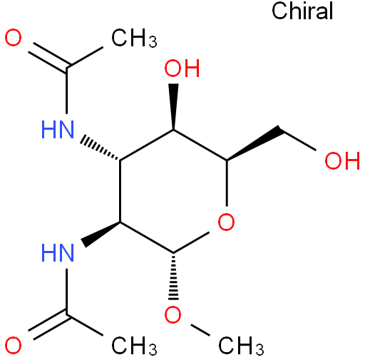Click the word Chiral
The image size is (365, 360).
[x=302, y=11]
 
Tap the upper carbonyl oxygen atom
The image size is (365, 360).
[x=14, y=38]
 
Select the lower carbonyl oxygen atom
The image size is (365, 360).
[x=14, y=345]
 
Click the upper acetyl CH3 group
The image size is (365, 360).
[x=134, y=38]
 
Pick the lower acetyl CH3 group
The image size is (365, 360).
[x=134, y=346]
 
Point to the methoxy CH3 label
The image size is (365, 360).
[x=241, y=346]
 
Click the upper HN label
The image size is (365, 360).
[x=58, y=130]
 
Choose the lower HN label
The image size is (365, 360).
[x=58, y=253]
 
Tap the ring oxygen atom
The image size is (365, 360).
[x=226, y=222]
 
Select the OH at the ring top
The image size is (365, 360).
[x=182, y=68]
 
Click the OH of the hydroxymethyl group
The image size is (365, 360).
[x=342, y=161]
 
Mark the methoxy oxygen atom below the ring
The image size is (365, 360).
[x=173, y=314]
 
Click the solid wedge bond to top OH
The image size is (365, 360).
[x=174, y=106]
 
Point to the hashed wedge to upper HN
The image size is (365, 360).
[x=100, y=148]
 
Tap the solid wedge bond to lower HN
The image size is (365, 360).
[x=101, y=234]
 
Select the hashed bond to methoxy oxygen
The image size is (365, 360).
[x=173, y=276]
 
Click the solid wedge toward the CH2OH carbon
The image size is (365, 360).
[x=254, y=143]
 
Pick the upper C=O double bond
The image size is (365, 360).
[x=49, y=57]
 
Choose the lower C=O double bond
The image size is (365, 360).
[x=49, y=325]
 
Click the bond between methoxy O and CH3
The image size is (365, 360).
[x=200, y=330]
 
